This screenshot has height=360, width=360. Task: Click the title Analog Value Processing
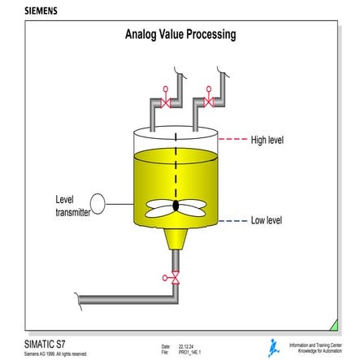click(180, 35)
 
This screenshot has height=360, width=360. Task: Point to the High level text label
click(267, 140)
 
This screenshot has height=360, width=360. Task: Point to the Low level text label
click(266, 220)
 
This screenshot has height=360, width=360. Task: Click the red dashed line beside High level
click(233, 140)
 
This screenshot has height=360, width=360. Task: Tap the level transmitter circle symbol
click(98, 202)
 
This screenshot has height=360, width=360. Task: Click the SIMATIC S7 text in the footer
click(40, 344)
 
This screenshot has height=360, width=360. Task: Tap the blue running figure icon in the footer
click(274, 347)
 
